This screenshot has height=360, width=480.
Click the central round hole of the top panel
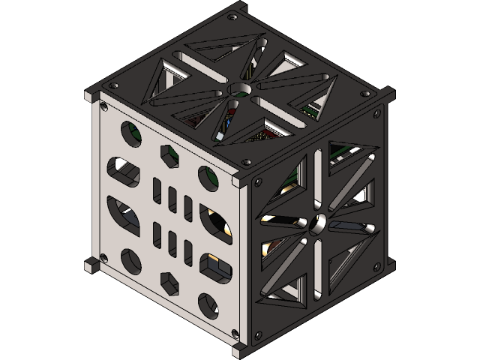(x=241, y=90)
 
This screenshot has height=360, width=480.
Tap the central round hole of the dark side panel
(x=319, y=223)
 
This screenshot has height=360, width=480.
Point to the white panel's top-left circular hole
(x=128, y=132)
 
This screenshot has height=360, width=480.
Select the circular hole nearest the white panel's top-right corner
(x=208, y=177)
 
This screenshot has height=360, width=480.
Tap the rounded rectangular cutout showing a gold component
(x=213, y=266)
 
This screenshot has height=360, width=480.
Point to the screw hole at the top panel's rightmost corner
(x=365, y=94)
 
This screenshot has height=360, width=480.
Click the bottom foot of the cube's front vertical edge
(x=240, y=349)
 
